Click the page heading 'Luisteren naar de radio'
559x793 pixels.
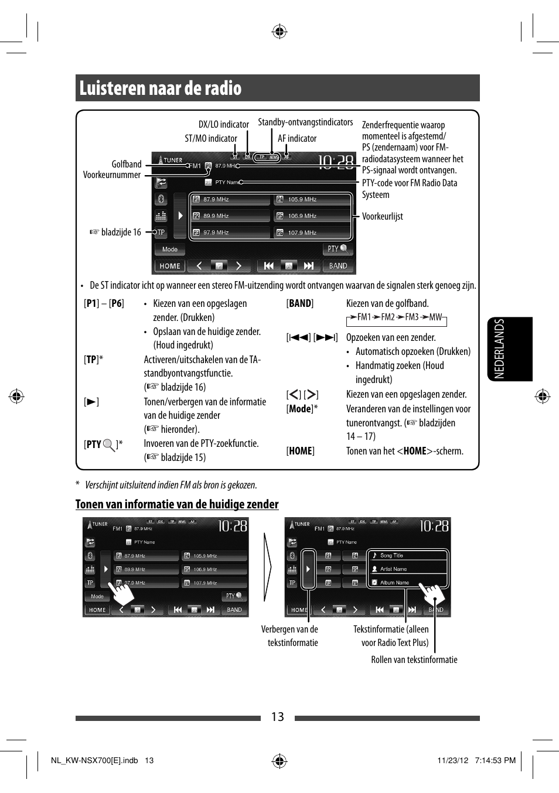tap(161, 88)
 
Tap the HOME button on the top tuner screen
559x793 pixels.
tap(170, 266)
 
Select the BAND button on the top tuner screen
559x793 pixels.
tap(338, 266)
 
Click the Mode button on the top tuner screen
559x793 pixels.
tap(170, 249)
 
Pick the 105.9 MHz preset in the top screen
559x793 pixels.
tap(312, 200)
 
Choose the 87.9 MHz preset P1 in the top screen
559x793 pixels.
tap(230, 200)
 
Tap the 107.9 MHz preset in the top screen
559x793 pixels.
tap(312, 233)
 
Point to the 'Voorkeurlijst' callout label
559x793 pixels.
tap(382, 216)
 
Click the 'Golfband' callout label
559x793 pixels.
tap(127, 164)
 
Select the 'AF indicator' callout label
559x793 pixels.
tap(297, 138)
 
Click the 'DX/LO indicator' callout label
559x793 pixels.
tap(223, 124)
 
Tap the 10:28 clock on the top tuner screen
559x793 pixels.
tap(336, 162)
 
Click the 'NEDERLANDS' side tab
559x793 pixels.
tap(499, 348)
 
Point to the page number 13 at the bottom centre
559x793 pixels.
tap(277, 717)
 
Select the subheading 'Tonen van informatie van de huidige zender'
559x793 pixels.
tap(177, 504)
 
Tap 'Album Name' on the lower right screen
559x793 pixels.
tap(394, 583)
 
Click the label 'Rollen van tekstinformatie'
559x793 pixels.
tap(414, 659)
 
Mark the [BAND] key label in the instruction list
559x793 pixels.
tap(300, 303)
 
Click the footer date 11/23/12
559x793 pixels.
tap(452, 760)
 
